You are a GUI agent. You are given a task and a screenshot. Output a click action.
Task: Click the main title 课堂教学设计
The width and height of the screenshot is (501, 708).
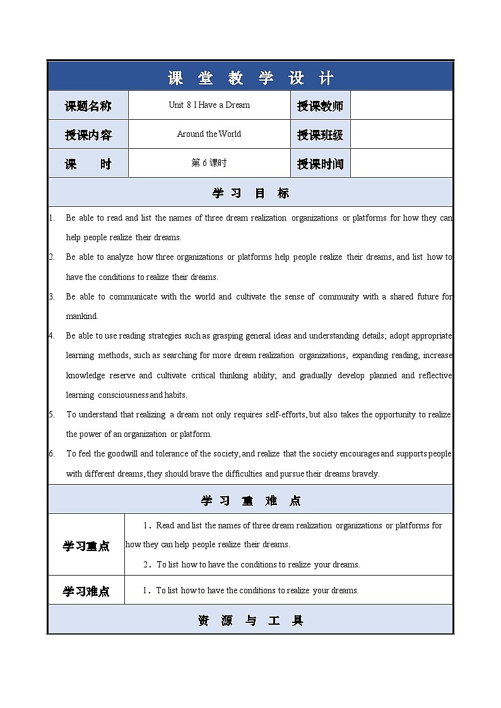point(250,78)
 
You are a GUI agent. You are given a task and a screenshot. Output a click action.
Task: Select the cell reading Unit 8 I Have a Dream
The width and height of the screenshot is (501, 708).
point(209,105)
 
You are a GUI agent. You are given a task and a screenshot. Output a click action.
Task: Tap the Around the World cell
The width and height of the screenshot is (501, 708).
point(209,134)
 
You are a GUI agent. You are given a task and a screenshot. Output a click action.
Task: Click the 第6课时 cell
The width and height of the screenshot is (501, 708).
point(209,163)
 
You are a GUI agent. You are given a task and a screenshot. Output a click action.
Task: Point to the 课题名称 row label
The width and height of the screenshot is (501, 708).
point(88,106)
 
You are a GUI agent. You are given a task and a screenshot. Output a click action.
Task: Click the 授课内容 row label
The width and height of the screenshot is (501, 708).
point(88,135)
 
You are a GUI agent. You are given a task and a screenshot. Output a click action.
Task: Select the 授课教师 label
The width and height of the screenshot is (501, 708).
point(321,106)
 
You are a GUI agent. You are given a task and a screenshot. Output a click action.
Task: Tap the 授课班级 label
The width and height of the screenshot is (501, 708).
point(321,135)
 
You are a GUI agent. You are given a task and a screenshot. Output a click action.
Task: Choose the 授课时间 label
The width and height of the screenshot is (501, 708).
point(321,164)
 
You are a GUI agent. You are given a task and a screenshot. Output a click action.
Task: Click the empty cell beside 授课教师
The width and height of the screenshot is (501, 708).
point(401,106)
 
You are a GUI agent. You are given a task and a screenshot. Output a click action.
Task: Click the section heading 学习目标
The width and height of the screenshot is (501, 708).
point(250,193)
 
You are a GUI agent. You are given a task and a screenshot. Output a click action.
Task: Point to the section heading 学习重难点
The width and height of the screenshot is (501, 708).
point(250,501)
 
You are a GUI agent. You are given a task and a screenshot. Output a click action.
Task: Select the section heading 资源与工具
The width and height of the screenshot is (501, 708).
point(250,620)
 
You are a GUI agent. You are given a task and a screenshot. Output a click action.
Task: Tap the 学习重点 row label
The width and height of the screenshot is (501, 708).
point(86,546)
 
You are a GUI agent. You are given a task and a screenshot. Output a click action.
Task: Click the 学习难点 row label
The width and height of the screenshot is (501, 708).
point(86,591)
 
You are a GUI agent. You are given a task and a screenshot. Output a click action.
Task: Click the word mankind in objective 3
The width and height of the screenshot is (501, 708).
point(82,316)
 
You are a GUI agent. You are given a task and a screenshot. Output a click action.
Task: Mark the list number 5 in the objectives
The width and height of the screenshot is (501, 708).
point(52,414)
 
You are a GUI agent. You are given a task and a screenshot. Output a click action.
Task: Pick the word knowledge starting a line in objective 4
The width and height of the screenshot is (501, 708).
point(86,375)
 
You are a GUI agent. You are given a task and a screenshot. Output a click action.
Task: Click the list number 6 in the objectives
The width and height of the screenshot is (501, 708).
point(52,453)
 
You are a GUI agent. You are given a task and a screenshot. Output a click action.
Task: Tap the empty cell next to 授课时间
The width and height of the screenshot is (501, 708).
point(401,164)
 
